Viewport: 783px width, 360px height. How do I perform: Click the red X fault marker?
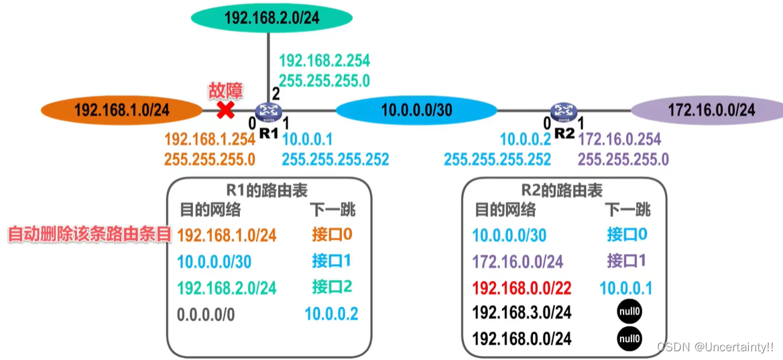(x=226, y=111)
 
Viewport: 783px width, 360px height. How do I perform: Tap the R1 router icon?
(x=269, y=111)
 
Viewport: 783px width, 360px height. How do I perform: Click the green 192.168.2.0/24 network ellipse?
(x=272, y=18)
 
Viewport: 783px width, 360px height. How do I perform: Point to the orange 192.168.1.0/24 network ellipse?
(x=121, y=110)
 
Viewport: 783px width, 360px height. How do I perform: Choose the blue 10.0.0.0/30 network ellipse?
(x=416, y=110)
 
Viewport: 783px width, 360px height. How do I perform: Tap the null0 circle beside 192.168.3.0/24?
(x=629, y=312)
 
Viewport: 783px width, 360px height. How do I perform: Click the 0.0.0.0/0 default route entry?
(x=206, y=313)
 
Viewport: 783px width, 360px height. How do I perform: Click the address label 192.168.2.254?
(x=324, y=60)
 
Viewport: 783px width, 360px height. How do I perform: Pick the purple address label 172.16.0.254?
(x=619, y=139)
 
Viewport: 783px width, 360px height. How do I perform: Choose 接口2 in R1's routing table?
(x=331, y=288)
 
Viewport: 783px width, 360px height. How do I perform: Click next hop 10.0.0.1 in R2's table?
(x=626, y=288)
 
